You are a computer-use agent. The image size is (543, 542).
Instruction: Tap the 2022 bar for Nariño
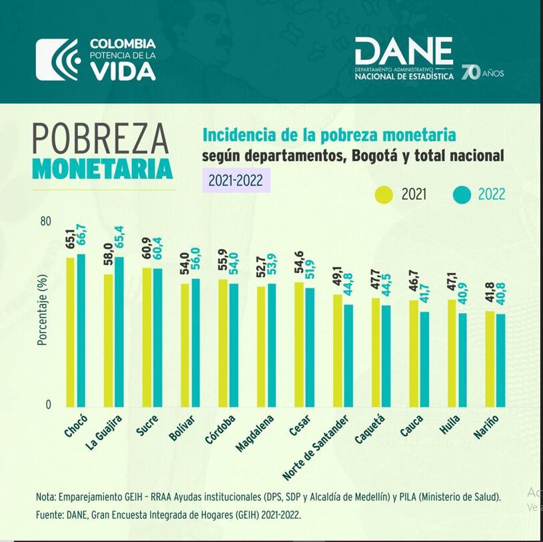click(x=500, y=360)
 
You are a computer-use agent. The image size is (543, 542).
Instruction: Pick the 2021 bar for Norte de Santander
click(x=338, y=350)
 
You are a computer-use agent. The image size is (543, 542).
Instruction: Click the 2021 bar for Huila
click(x=452, y=353)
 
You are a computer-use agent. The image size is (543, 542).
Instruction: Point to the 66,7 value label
click(x=81, y=237)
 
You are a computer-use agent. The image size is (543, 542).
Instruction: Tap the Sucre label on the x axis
click(x=147, y=424)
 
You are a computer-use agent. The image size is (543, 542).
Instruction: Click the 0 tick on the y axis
click(x=48, y=405)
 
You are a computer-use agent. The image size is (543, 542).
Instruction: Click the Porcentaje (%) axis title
click(x=42, y=310)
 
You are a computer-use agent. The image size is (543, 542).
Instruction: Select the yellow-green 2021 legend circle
click(x=384, y=194)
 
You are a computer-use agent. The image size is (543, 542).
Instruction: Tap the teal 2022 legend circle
click(x=462, y=194)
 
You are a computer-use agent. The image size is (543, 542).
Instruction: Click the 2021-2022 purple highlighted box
click(x=236, y=180)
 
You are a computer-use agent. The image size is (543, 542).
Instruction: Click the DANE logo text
click(x=404, y=51)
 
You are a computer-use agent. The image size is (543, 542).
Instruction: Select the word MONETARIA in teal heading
click(x=102, y=168)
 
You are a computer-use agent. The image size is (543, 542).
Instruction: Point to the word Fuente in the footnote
click(x=51, y=515)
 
